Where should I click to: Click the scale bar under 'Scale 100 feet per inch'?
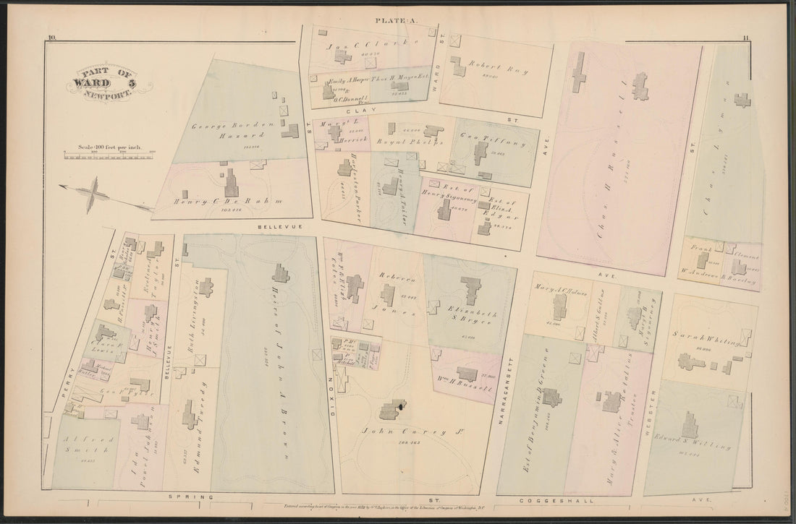click(x=109, y=153)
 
